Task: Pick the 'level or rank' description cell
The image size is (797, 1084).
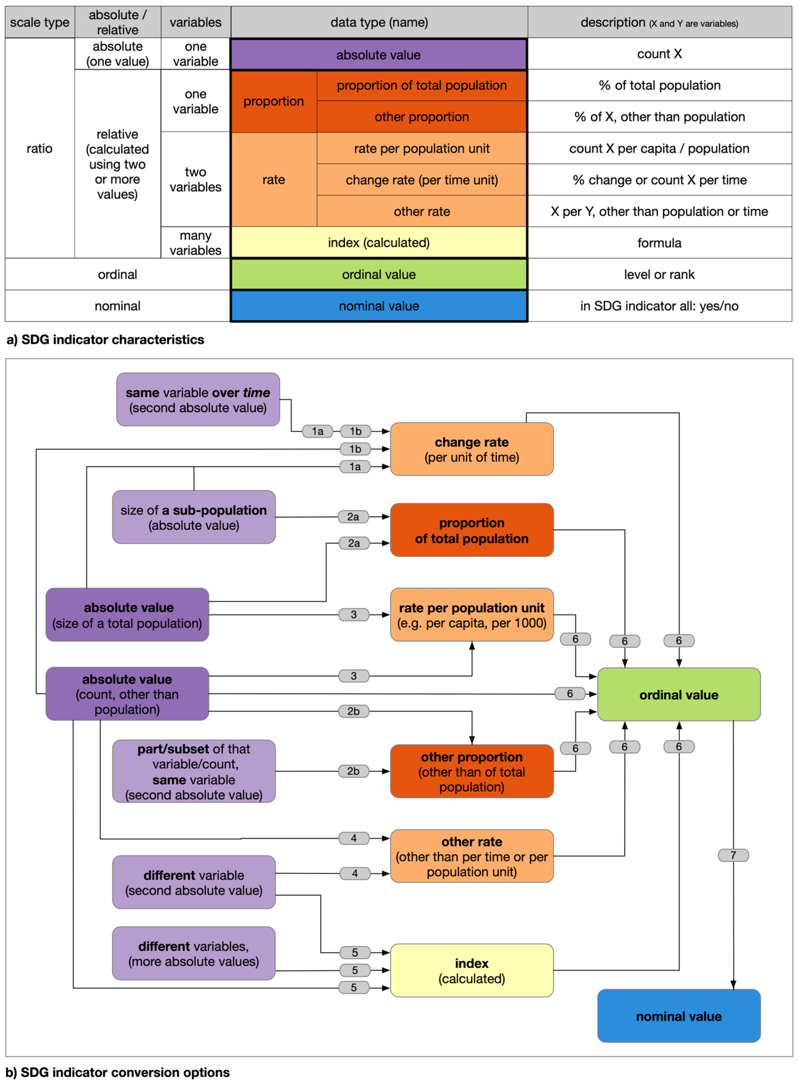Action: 659,274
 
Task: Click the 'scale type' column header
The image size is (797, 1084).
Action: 40,22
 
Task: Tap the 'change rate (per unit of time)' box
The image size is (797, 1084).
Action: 471,449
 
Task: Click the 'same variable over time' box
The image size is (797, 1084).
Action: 198,400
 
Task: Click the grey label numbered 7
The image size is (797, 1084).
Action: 733,855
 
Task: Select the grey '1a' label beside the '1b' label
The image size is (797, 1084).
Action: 317,431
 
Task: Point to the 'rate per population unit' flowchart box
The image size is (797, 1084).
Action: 471,615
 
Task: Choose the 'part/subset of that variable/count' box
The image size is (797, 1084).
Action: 193,771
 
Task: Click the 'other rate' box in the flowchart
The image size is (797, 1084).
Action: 471,856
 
